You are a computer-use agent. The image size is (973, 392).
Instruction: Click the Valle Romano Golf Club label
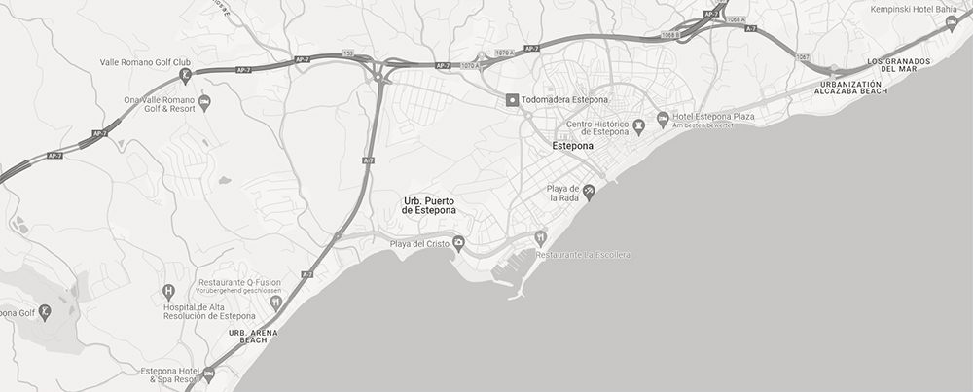[145, 62]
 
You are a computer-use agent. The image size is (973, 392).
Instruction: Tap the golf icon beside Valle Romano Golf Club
[185, 75]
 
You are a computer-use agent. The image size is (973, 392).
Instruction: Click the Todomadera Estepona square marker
[512, 100]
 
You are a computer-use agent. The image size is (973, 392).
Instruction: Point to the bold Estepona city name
[572, 146]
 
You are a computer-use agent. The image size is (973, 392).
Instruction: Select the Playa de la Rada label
[563, 193]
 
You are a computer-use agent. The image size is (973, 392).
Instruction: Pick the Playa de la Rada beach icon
[589, 193]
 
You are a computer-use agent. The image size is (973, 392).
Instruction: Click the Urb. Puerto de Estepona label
[429, 205]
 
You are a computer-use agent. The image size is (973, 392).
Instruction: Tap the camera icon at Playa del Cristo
[458, 243]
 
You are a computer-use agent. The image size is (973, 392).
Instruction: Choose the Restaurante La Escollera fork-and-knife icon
[542, 237]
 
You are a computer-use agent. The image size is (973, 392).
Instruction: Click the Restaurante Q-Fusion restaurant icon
[275, 302]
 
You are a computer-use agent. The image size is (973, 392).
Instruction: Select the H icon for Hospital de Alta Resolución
[168, 291]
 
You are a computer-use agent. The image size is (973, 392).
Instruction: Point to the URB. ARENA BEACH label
[253, 337]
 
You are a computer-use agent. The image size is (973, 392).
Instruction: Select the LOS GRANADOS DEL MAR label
[899, 65]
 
